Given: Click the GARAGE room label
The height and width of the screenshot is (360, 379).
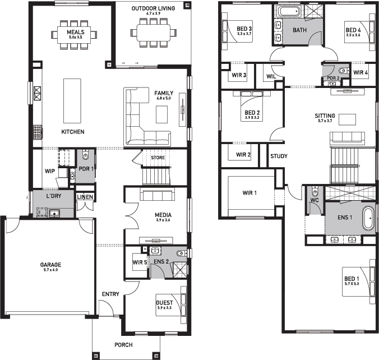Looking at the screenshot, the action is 51,265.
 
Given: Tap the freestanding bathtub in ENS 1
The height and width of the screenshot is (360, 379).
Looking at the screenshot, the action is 368,218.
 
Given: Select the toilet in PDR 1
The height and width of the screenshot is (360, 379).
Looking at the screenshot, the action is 86,155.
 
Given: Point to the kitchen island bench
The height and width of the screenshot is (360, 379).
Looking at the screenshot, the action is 72,101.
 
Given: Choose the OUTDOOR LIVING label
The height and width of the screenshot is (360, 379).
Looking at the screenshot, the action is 153,8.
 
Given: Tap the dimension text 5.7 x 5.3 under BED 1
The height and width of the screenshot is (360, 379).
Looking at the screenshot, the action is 352,284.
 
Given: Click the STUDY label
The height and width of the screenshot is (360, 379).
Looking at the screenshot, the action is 279,156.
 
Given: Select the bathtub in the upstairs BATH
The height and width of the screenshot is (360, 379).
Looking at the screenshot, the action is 289,11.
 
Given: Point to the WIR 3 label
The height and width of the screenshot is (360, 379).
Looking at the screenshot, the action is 239,75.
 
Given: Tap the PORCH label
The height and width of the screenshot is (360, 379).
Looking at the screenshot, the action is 123,345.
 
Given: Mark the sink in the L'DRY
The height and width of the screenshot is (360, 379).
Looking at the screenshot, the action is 54,213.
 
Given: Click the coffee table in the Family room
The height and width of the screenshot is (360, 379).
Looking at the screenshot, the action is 161,114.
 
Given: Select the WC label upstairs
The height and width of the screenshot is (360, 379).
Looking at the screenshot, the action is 315,200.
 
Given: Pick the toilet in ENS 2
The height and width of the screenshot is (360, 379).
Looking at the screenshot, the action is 182,253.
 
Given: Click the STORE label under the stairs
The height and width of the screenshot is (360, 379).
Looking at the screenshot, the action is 158,158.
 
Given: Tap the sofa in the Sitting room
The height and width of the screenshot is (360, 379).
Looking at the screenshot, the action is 348,139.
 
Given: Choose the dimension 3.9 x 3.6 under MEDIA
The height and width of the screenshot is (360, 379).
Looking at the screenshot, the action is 163,220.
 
